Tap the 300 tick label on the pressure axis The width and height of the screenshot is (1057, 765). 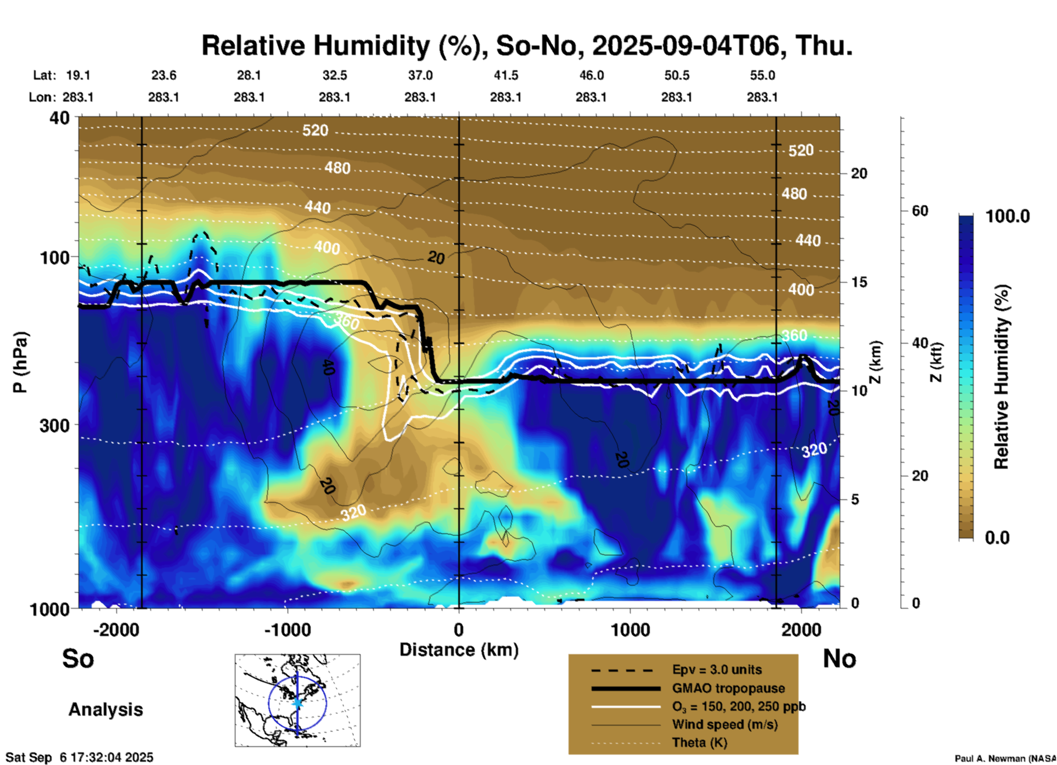tap(55, 425)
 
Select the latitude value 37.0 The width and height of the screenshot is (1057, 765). tap(420, 75)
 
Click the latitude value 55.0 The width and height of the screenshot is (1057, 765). tap(762, 75)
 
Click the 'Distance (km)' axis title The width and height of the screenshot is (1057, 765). tap(459, 650)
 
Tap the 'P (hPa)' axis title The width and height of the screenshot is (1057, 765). tap(20, 362)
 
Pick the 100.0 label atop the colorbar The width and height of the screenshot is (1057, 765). tap(1008, 216)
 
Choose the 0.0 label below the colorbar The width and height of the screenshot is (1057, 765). tap(997, 538)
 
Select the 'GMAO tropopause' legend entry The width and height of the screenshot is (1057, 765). tap(728, 688)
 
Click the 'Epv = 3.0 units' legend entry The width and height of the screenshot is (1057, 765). tap(717, 670)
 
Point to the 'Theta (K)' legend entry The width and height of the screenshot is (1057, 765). tap(699, 743)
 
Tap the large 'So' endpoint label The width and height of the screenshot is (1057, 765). tap(78, 659)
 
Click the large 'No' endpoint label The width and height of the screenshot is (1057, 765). tap(839, 659)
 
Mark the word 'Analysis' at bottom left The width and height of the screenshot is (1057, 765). tap(105, 710)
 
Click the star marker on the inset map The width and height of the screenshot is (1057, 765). tap(297, 702)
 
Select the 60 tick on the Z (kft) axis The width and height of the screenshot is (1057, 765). tap(920, 211)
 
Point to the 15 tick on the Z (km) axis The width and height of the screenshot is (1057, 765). tap(859, 282)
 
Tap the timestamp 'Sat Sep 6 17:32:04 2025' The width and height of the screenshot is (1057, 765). tap(80, 757)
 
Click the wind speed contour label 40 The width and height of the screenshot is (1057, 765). tap(328, 367)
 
